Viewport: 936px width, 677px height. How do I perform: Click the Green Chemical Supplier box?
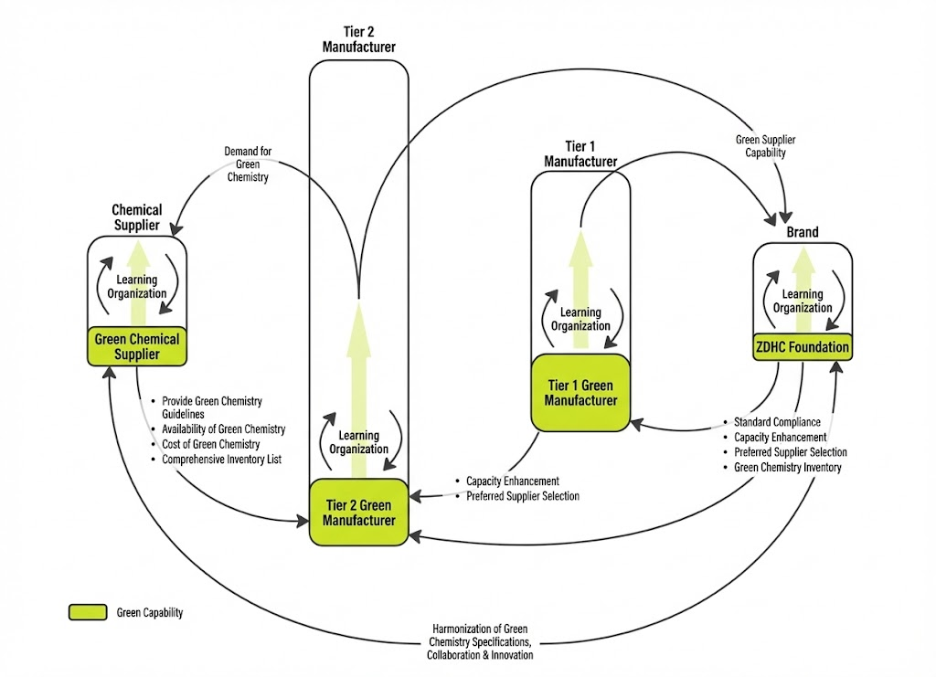pyautogui.click(x=137, y=346)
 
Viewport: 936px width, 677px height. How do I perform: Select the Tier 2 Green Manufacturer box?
pyautogui.click(x=358, y=513)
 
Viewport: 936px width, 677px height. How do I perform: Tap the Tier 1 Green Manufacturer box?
pyautogui.click(x=580, y=393)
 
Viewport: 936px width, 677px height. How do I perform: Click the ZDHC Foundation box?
pyautogui.click(x=803, y=346)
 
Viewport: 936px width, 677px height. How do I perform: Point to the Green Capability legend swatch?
pyautogui.click(x=88, y=612)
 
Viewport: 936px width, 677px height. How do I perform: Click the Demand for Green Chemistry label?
pyautogui.click(x=248, y=164)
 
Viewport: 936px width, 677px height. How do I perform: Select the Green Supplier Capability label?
pyautogui.click(x=765, y=146)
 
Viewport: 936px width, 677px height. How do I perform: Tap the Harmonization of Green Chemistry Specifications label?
pyautogui.click(x=480, y=641)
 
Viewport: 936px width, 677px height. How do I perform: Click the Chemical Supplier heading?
pyautogui.click(x=137, y=217)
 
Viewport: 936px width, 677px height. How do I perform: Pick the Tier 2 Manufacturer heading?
pyautogui.click(x=358, y=38)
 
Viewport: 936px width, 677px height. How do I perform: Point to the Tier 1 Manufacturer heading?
pyautogui.click(x=580, y=153)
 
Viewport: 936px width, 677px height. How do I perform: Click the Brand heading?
pyautogui.click(x=803, y=232)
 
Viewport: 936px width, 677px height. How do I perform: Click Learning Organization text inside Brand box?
pyautogui.click(x=803, y=301)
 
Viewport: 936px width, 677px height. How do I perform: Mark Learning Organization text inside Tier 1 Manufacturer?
pyautogui.click(x=580, y=319)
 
